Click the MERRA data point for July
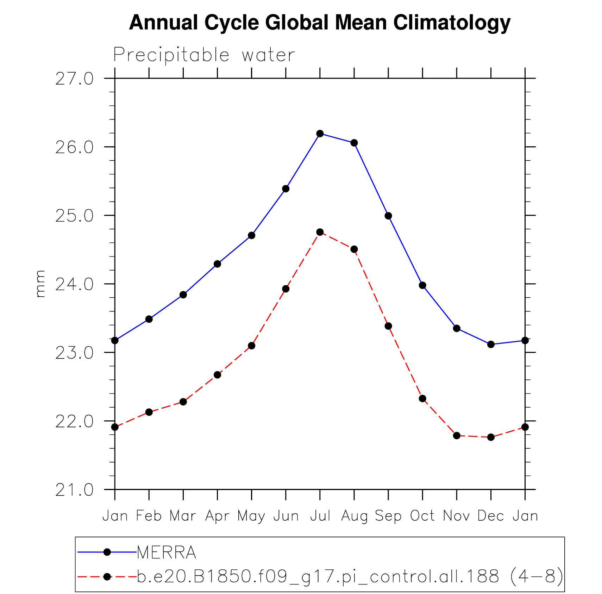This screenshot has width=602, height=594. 320,134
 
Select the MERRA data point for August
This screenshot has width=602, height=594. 354,143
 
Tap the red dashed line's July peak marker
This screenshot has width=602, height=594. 320,232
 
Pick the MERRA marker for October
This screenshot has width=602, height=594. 422,285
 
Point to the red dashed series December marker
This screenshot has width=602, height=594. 491,437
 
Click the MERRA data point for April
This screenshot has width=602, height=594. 217,264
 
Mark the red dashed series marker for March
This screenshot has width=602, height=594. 183,402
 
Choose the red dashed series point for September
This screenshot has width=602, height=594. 388,326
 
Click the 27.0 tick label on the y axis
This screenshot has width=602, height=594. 74,79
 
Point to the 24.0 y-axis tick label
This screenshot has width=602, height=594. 74,284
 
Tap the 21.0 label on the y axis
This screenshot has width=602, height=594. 74,490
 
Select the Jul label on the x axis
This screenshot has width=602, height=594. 320,516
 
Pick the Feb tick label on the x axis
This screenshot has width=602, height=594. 149,516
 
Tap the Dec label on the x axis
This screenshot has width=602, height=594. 490,516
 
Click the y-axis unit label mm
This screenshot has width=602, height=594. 40,284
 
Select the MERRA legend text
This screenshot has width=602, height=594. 166,552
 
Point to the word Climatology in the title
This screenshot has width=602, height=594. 452,23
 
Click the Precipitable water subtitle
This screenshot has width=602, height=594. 204,55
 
